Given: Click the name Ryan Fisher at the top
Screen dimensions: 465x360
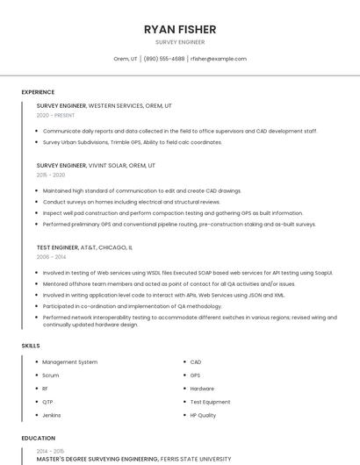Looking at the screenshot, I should [x=180, y=29].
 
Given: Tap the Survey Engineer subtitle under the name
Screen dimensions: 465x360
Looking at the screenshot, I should [x=180, y=41].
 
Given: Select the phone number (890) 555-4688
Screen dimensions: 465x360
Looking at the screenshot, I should [x=164, y=59].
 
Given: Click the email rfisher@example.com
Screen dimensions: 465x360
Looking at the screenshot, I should [x=219, y=59].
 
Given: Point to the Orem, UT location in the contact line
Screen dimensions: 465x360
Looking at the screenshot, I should [x=126, y=59].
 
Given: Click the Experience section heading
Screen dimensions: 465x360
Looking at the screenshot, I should [x=38, y=92].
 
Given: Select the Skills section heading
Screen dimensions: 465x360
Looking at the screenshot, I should [x=31, y=346].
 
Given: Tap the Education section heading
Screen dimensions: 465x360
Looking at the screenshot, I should [x=39, y=438].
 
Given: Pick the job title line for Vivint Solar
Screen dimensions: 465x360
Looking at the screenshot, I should [x=96, y=165].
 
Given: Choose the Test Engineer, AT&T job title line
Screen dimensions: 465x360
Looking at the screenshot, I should [x=85, y=247].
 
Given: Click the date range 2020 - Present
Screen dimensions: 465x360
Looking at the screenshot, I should [x=55, y=115].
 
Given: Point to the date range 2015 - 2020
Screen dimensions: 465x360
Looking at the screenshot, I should [x=51, y=175].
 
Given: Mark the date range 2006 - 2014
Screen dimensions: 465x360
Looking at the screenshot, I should [x=51, y=257].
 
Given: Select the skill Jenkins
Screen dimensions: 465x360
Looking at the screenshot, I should [x=52, y=415].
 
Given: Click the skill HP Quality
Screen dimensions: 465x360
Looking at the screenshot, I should [x=203, y=415].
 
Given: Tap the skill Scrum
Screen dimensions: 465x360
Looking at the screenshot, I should [x=51, y=375].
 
